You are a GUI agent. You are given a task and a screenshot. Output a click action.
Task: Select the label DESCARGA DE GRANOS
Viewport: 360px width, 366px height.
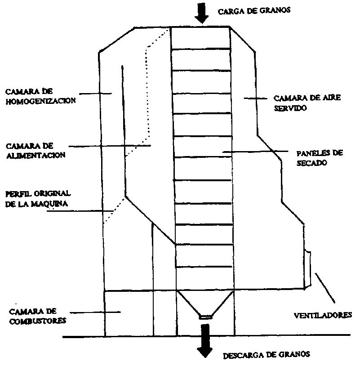[267, 355]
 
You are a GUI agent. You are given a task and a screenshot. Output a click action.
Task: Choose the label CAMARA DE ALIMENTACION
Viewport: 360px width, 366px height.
[36, 151]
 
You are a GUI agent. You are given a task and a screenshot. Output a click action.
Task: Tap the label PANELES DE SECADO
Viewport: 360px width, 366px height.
[319, 158]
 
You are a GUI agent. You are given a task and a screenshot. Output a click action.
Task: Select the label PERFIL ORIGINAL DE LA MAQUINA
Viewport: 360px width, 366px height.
[38, 198]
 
